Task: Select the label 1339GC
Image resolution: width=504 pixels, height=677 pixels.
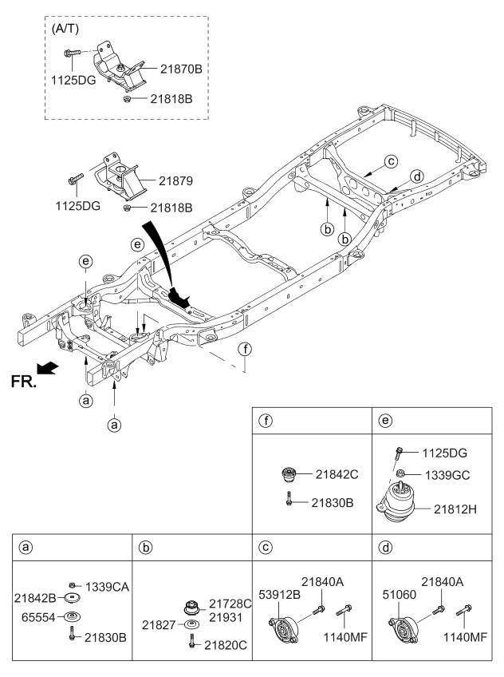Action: (447, 474)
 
